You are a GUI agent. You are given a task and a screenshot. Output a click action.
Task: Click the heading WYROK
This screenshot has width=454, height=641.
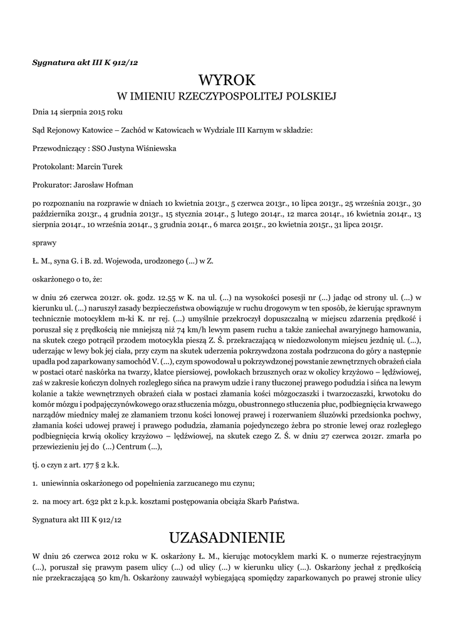point(227,80)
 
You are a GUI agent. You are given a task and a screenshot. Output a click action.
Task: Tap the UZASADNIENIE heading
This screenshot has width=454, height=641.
point(227,537)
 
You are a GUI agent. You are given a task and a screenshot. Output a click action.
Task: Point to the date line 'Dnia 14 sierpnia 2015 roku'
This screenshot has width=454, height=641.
point(77,112)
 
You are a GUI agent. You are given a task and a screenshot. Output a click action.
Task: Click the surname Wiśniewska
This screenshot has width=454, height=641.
point(154,148)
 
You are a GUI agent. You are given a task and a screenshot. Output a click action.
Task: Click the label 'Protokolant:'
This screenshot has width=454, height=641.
point(53,167)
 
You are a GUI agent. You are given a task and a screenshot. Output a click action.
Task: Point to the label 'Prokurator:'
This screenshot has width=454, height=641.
point(52,185)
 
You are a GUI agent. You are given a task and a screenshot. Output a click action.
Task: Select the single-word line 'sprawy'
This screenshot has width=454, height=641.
point(44,240)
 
